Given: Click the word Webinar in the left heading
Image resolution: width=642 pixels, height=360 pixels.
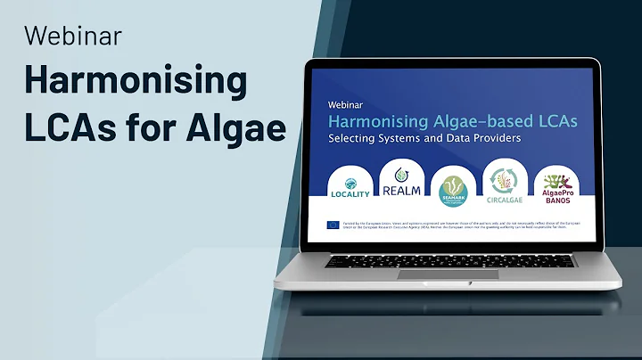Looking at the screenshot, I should (x=73, y=36).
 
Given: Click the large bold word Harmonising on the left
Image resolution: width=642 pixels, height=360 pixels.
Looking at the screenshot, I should (x=135, y=82).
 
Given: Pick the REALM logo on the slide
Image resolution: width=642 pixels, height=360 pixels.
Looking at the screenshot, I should (x=401, y=182).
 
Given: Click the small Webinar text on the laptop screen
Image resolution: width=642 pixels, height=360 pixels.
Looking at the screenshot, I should (x=347, y=102).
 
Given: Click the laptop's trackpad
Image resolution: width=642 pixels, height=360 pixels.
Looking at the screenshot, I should (x=434, y=274).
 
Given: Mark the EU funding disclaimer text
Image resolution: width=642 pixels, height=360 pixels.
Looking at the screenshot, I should (x=456, y=225).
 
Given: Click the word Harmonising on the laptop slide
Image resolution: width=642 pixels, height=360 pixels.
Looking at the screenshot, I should (x=370, y=119).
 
